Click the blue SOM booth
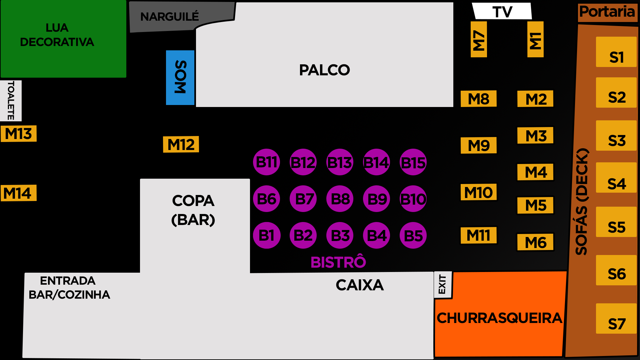180,77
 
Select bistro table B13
340,162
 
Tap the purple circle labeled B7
303,199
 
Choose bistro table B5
413,236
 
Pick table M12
181,144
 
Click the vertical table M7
479,39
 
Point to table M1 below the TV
535,39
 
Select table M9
479,145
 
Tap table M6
535,242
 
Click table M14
19,193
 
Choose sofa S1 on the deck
616,52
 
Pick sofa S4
616,178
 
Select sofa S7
616,319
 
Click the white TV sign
502,11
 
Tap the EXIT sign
442,285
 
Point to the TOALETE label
11,100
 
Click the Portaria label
607,12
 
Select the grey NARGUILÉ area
170,16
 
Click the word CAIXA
360,285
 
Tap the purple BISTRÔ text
338,262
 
